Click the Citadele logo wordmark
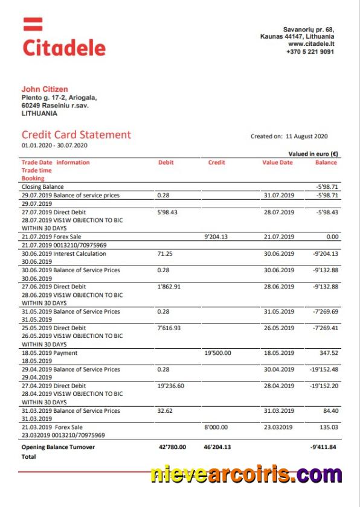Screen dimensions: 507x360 (64, 47)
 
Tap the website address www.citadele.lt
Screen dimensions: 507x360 (311, 44)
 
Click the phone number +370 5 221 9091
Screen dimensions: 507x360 (310, 52)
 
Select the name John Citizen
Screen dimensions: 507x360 (45, 89)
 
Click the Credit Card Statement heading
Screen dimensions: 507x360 (76, 135)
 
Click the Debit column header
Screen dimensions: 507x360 (166, 162)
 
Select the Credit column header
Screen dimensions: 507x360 (216, 162)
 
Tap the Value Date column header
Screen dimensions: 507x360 (277, 162)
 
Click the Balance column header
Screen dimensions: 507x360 (326, 162)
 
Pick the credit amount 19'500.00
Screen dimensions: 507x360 (218, 353)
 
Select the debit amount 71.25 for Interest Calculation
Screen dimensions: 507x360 (164, 254)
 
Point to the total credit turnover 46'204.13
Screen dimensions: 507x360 (219, 447)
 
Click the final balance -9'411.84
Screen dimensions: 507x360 (324, 447)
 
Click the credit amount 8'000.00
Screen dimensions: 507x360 (217, 427)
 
